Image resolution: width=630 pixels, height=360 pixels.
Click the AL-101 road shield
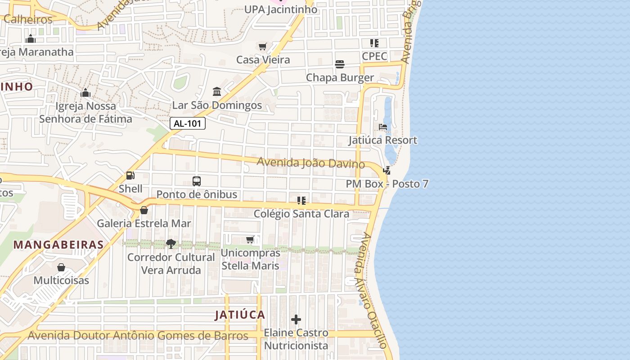pos(188,123)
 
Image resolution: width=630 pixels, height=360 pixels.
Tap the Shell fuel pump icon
pos(130,175)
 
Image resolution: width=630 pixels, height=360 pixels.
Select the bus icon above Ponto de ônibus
pos(197,181)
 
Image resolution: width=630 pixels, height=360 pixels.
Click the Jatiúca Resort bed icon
pos(383,127)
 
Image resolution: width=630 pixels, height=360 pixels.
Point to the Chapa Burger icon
pos(340,64)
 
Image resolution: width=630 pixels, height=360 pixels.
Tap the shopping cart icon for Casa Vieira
pos(263,46)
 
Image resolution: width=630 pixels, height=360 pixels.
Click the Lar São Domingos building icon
pos(217,91)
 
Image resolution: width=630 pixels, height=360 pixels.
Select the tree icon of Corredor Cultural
pos(171,244)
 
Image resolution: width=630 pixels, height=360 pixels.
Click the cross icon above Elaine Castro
pos(296,319)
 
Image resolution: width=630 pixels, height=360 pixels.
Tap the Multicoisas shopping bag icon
pos(61,267)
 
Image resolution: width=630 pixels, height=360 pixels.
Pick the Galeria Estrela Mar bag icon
pos(144,210)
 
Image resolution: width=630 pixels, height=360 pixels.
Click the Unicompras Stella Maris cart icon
pos(250,239)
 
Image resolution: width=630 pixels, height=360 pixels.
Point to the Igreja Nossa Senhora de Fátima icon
pos(85,93)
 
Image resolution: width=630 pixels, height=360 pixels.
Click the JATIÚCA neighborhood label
pos(240,315)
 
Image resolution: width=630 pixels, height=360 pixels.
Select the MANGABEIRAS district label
pos(58,245)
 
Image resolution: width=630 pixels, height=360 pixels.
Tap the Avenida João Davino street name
pos(310,162)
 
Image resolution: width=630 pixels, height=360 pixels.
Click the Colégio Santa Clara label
pos(301,214)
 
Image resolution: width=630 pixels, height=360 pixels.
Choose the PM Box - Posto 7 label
pos(387,184)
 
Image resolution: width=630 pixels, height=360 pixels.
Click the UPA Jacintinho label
pos(280,9)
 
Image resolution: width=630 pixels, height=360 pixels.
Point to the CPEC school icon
pos(374,43)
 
